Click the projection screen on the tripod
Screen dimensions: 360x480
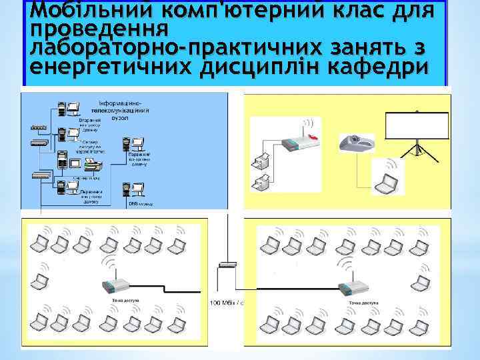pos(415,125)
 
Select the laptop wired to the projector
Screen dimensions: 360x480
pos(387,179)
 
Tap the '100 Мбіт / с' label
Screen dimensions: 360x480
pos(227,303)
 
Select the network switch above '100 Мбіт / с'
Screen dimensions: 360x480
pos(227,265)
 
